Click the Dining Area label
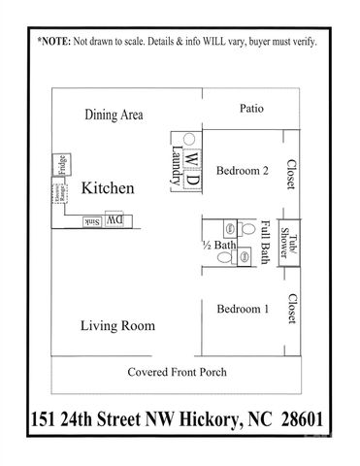pos(115,115)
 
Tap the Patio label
pos(251,109)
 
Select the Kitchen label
pos(107,187)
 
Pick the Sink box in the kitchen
pos(90,222)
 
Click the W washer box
pos(191,156)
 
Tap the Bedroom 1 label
pos(242,309)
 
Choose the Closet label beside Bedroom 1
pos(290,311)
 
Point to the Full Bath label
pos(265,240)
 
